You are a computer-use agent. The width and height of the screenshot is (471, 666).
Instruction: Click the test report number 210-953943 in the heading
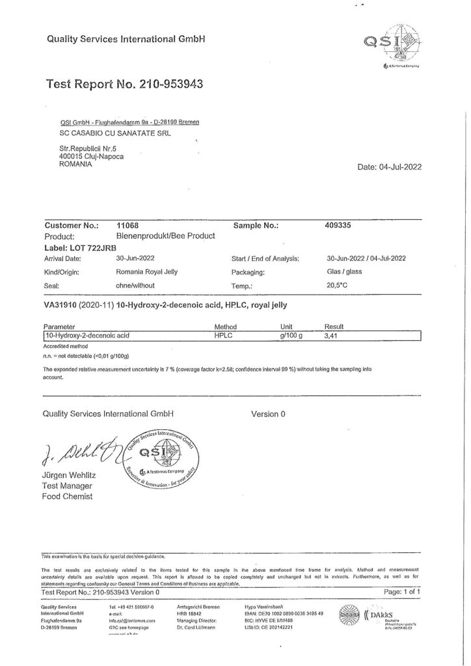coord(172,84)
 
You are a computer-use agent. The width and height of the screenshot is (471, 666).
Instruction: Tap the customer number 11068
coord(128,226)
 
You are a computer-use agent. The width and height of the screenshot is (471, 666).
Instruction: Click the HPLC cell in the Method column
coord(224,336)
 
